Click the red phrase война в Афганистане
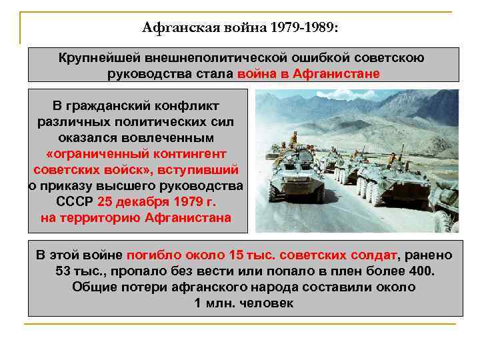point(308,73)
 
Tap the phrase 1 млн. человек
point(244,303)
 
